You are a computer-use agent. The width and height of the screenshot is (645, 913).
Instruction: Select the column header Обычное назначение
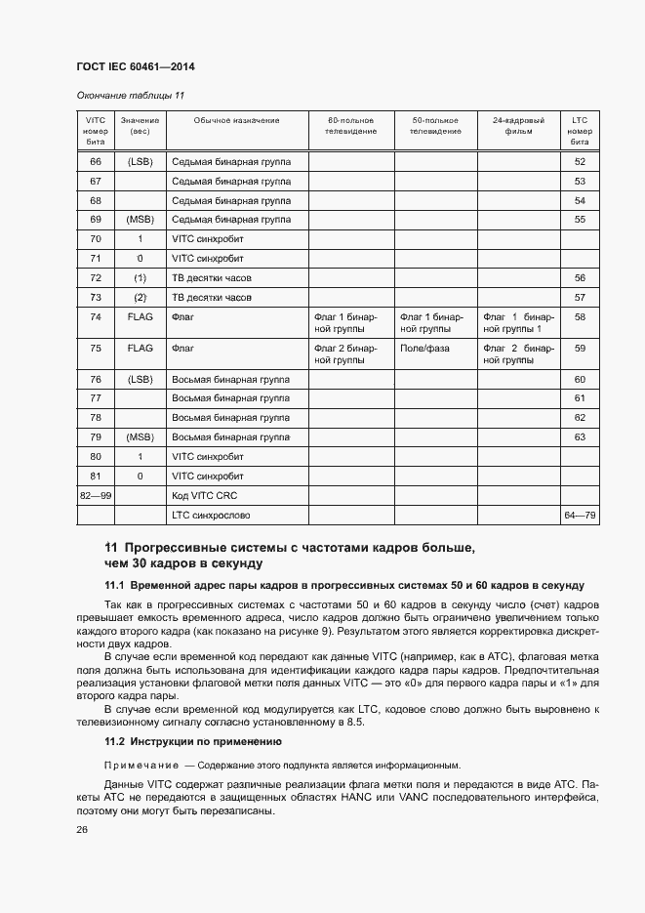236,120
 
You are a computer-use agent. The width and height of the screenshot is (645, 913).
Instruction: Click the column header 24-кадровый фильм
518,125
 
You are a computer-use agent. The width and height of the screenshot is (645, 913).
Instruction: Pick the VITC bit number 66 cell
96,161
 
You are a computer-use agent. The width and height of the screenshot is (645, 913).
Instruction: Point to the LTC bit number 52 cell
580,161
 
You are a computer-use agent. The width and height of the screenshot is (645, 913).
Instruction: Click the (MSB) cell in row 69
141,220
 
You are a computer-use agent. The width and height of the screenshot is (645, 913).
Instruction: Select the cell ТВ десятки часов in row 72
212,278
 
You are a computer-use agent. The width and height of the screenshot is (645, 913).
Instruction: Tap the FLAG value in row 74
141,317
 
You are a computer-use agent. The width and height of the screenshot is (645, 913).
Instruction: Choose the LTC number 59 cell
580,348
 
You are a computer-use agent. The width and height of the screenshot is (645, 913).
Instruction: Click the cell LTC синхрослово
211,515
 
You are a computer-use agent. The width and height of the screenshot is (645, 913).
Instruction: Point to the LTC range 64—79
580,515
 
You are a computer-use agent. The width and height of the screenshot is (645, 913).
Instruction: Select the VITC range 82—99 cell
96,496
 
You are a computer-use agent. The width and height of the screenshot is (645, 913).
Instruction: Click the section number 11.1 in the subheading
115,585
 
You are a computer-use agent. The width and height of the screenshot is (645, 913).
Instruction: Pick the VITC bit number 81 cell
96,477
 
